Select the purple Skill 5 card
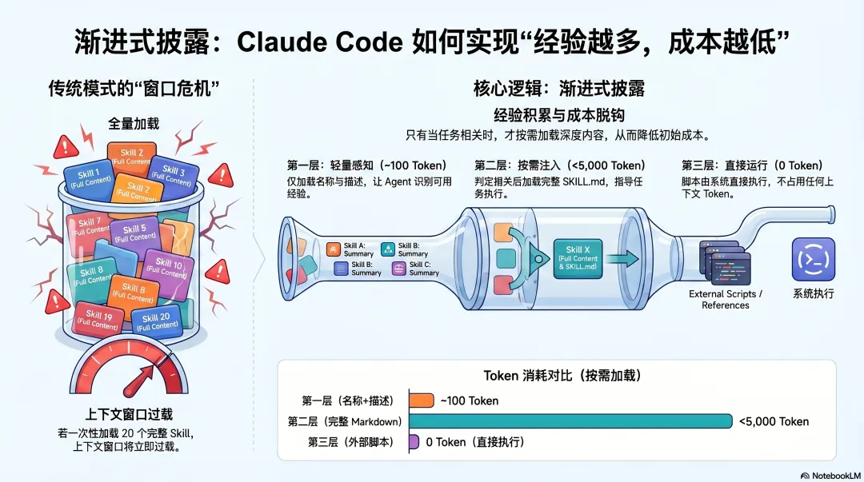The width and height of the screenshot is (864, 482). (x=135, y=233)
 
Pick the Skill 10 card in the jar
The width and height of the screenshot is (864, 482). (x=169, y=269)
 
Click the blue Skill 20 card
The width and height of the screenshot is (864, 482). (x=155, y=321)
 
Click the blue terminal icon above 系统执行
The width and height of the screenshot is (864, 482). (x=813, y=259)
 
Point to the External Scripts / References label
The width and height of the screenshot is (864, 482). (x=726, y=300)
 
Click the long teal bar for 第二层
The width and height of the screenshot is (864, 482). (x=570, y=421)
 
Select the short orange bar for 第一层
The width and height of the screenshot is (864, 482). (x=421, y=400)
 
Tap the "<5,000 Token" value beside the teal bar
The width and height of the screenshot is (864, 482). (x=773, y=421)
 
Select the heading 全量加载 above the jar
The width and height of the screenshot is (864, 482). (x=134, y=123)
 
